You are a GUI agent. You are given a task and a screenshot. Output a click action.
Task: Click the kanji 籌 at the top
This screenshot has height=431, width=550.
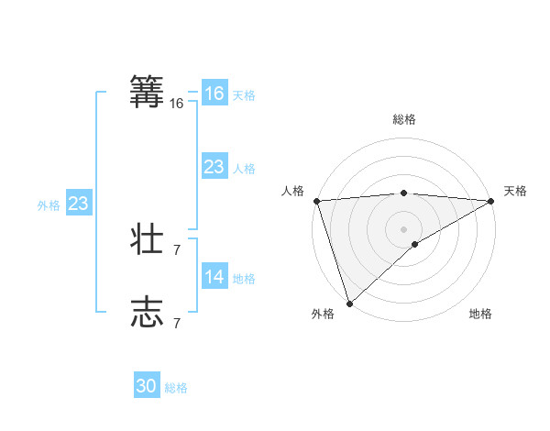tap(148, 93)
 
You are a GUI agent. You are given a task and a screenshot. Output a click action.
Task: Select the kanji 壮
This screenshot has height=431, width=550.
tap(148, 239)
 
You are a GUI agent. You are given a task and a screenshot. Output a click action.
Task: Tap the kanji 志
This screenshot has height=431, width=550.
tap(148, 312)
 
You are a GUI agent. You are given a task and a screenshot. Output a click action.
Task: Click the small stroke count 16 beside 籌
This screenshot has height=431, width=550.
tap(177, 104)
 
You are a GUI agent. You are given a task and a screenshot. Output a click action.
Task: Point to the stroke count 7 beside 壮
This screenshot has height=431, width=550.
tap(177, 249)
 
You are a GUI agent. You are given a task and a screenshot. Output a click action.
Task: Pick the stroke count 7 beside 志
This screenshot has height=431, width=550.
tap(177, 323)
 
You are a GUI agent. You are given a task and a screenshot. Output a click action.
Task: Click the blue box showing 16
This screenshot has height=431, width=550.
tap(214, 94)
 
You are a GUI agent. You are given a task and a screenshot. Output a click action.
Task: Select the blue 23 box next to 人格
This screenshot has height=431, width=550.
tap(214, 167)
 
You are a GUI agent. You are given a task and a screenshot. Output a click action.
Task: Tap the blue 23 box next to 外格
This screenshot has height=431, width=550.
tap(78, 204)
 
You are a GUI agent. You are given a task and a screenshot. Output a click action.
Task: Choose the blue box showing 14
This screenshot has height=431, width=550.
tap(214, 277)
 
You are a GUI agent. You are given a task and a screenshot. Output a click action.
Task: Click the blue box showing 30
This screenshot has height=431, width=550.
tap(147, 387)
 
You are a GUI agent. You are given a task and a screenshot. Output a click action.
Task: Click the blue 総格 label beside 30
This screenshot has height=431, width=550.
tap(176, 388)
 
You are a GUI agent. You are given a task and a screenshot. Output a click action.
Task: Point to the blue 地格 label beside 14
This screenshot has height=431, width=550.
tap(244, 279)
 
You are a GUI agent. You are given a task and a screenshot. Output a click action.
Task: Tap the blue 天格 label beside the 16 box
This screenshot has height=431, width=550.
tap(244, 95)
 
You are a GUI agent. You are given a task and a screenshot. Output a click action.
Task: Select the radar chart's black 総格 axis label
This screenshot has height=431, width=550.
tap(403, 119)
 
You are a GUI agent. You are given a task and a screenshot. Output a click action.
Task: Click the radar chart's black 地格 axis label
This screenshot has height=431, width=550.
tap(480, 315)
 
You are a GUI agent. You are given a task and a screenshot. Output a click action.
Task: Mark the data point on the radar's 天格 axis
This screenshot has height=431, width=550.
tap(491, 201)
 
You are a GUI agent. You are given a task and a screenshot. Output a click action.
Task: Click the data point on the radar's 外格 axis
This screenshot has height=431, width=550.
tap(349, 304)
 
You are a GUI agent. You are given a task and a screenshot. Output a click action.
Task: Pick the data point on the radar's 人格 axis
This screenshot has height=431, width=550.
tap(316, 201)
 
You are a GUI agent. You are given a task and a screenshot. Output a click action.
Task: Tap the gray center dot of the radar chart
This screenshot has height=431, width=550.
tap(403, 228)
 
